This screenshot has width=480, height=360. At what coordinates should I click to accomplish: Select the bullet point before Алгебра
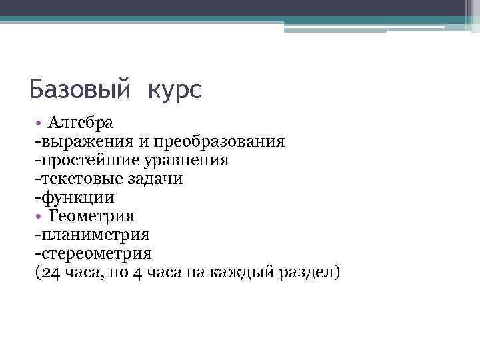click(x=39, y=123)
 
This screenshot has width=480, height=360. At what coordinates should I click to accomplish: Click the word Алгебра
click(x=80, y=123)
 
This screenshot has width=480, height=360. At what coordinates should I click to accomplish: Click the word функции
click(x=77, y=197)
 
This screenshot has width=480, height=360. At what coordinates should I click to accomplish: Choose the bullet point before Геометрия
click(x=39, y=217)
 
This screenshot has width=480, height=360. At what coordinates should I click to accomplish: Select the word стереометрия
click(x=96, y=253)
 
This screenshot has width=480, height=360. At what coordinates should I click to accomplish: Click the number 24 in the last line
click(x=48, y=272)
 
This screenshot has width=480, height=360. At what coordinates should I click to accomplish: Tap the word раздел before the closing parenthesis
click(x=309, y=272)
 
